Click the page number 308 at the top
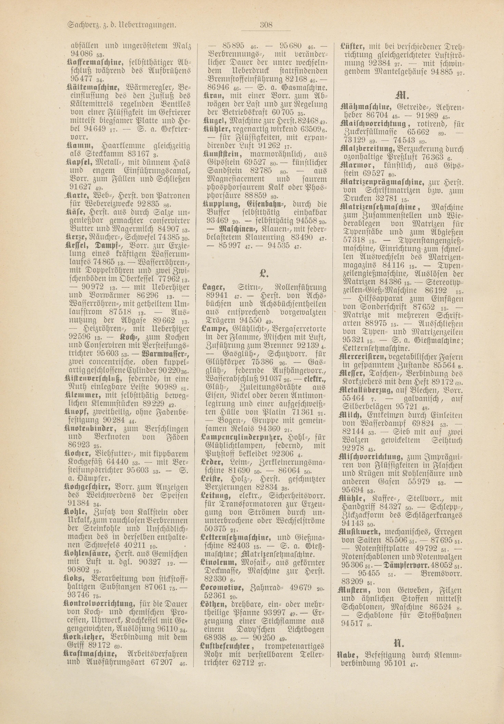point(266,25)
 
